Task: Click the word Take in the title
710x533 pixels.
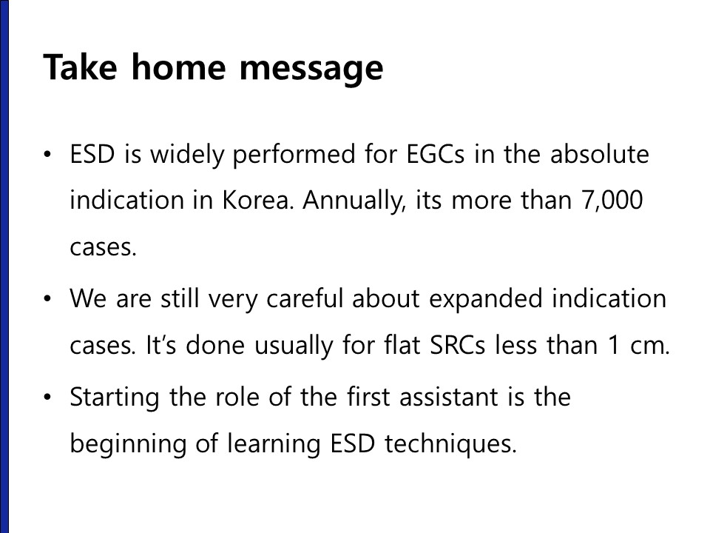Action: [x=80, y=67]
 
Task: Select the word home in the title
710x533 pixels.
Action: [x=178, y=67]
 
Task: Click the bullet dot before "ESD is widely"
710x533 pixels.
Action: [x=47, y=155]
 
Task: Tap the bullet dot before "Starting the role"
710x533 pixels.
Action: [x=47, y=398]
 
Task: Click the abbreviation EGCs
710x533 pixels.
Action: [x=435, y=154]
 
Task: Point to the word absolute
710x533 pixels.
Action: [x=600, y=154]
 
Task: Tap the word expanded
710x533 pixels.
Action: [x=485, y=300]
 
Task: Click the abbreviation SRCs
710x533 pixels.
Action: [x=457, y=345]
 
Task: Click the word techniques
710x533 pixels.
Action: [x=450, y=444]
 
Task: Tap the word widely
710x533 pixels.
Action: [x=187, y=155]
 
